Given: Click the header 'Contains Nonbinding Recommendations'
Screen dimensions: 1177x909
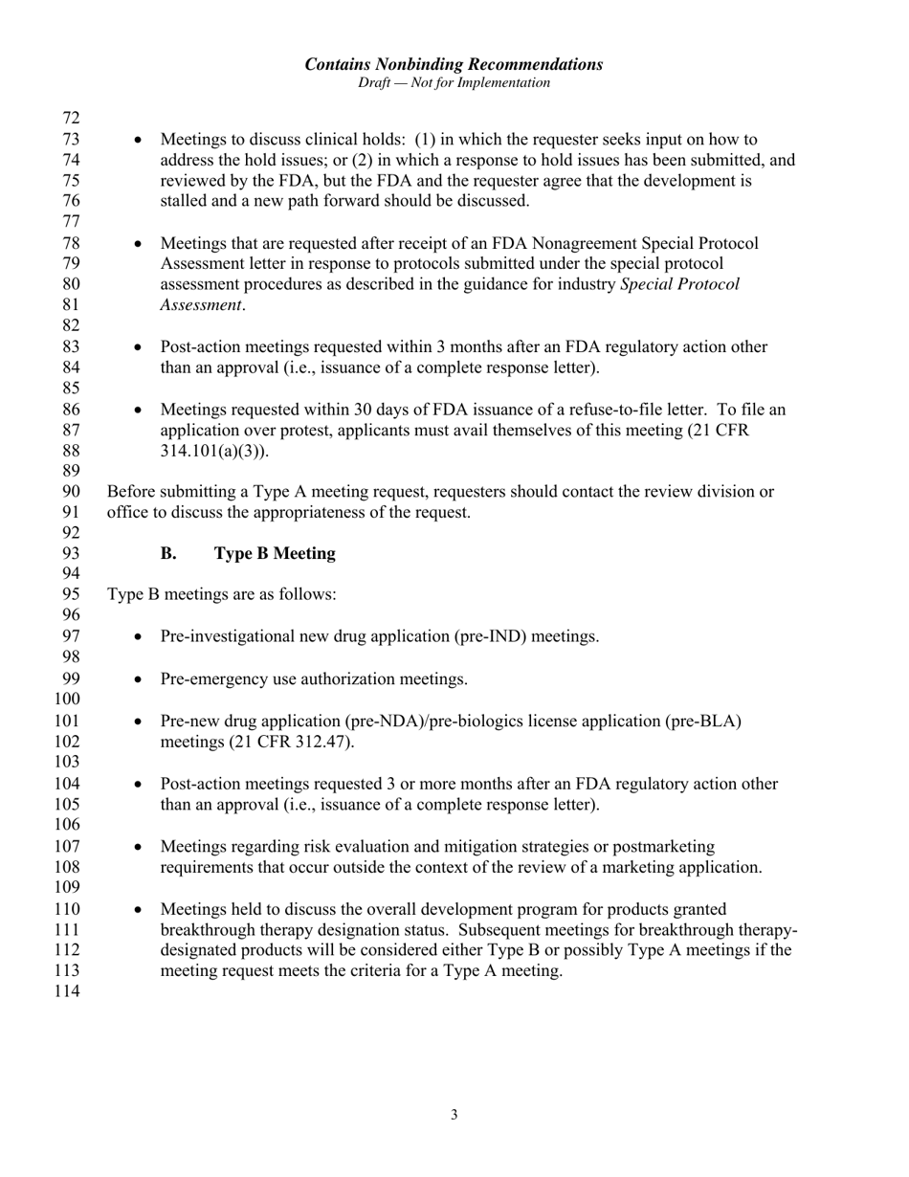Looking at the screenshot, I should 454,64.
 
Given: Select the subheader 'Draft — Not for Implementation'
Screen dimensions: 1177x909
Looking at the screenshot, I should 454,83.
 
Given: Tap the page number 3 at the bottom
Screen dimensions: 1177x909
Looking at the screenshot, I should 454,1114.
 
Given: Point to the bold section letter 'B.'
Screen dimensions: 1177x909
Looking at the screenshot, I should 168,554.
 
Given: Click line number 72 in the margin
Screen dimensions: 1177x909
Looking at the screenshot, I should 71,119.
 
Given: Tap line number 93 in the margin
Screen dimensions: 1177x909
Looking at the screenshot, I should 71,554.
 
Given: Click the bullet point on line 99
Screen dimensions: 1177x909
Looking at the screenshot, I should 140,680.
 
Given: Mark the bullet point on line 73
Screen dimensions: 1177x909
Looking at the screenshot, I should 140,141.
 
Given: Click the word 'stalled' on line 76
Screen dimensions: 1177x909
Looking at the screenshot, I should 184,201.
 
